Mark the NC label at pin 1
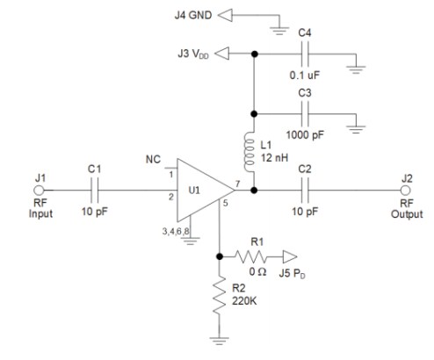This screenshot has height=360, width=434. (x=153, y=161)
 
